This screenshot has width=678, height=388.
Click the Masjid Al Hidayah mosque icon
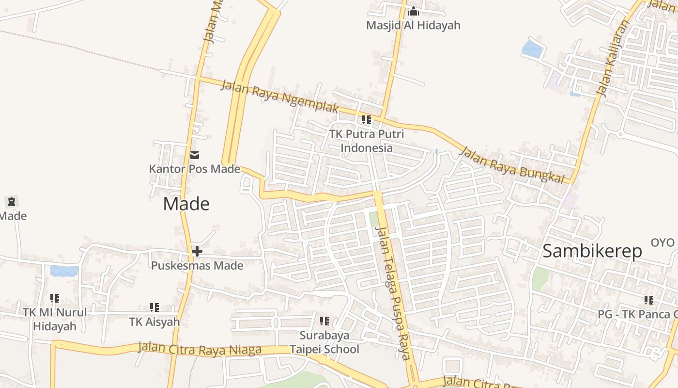click(x=413, y=11)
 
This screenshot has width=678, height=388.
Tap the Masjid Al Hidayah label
click(x=413, y=25)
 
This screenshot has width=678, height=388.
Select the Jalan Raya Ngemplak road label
click(x=279, y=97)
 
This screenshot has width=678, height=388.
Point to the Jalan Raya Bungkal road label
click(x=512, y=165)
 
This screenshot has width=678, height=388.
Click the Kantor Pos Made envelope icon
click(x=195, y=155)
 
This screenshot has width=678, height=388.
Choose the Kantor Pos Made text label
click(x=195, y=169)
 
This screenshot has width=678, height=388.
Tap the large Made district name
click(x=186, y=204)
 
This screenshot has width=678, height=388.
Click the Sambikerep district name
click(x=592, y=251)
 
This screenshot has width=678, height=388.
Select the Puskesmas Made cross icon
click(x=197, y=251)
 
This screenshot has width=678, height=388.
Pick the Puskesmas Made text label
click(x=197, y=265)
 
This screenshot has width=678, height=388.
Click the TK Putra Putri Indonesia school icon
click(x=367, y=119)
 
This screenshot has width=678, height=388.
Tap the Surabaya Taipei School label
click(x=324, y=342)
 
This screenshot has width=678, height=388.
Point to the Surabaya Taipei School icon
click(x=324, y=321)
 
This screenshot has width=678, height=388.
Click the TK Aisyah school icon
click(x=154, y=307)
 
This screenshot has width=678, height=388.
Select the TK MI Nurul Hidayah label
click(x=55, y=319)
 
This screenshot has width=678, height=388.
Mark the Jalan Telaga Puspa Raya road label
click(x=393, y=293)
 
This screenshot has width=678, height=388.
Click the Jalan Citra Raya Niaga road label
click(x=200, y=348)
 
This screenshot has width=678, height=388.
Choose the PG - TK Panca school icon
click(x=649, y=300)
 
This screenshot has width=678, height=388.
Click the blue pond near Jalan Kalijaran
click(x=532, y=48)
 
